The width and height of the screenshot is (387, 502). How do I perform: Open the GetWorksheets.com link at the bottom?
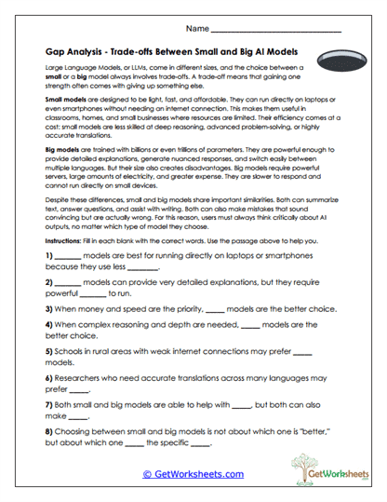pos(193,474)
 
